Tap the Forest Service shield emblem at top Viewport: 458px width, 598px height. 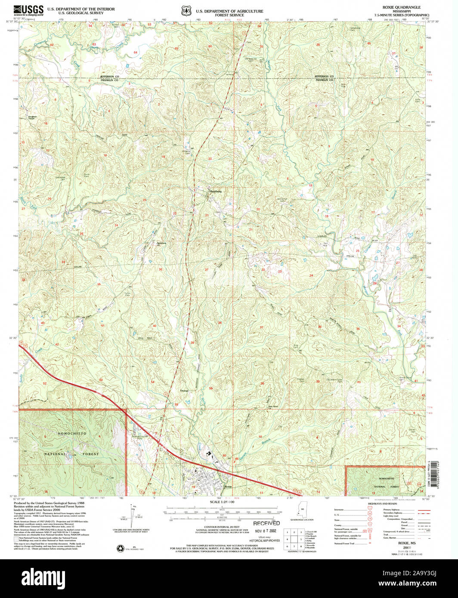(186, 10)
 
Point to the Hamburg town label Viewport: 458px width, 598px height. (215, 191)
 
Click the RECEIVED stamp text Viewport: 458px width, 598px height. (266, 524)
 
